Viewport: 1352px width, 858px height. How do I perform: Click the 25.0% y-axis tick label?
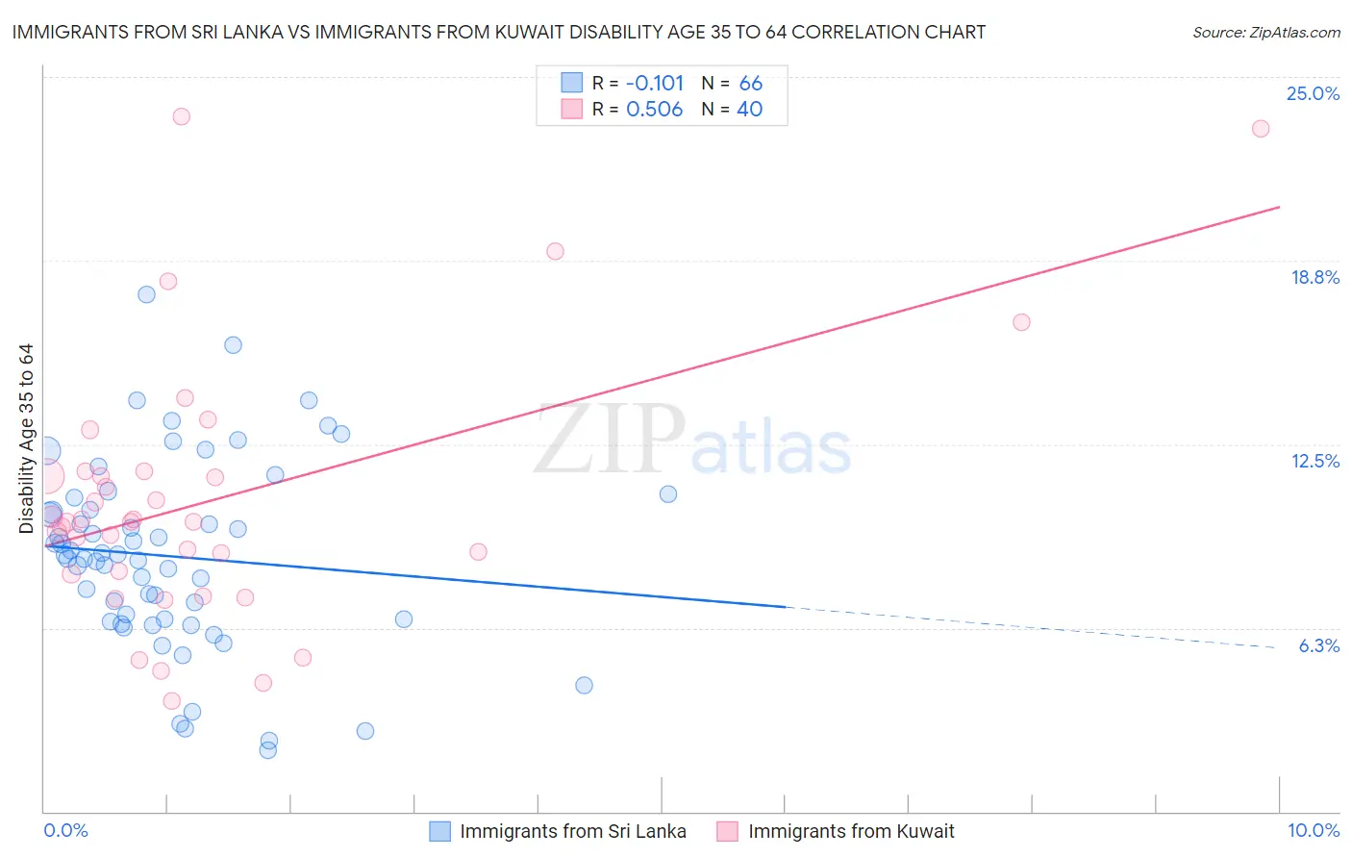click(1313, 93)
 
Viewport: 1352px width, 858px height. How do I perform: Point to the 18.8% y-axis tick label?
click(1314, 277)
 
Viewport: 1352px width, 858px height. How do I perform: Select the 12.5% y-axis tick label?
click(1314, 461)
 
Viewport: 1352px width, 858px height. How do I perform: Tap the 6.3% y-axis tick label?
click(1318, 645)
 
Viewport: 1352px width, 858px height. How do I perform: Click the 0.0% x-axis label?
click(65, 830)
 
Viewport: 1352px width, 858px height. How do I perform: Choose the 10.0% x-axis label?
click(1313, 830)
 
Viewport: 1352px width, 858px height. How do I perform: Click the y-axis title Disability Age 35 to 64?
click(26, 439)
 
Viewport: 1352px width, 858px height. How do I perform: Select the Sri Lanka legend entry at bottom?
click(572, 832)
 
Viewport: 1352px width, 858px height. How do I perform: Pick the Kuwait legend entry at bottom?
click(850, 832)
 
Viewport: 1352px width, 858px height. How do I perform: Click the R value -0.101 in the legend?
click(654, 83)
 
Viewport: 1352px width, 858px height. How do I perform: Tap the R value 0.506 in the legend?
click(654, 109)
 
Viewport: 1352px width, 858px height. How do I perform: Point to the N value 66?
click(750, 83)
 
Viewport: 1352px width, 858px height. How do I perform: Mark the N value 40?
click(749, 109)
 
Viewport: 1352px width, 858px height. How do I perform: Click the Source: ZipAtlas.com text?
click(1265, 33)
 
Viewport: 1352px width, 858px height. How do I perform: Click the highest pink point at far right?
click(1261, 129)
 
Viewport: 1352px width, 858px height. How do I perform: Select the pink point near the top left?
click(181, 116)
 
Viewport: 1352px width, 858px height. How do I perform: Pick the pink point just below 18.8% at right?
click(1021, 322)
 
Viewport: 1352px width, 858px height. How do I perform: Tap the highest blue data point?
click(146, 294)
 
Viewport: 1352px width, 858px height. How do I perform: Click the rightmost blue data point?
click(668, 494)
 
